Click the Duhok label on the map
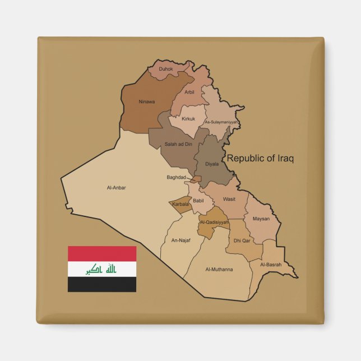click(166, 69)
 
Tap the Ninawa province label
click(147, 101)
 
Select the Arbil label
click(189, 91)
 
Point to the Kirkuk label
click(189, 119)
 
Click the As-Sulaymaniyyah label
click(221, 122)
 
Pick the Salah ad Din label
click(178, 144)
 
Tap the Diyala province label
click(212, 164)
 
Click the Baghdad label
click(176, 177)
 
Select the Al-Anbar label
click(116, 188)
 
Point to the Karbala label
click(180, 204)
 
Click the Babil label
click(198, 200)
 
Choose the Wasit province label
click(229, 198)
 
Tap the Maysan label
click(261, 219)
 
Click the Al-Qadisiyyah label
click(215, 222)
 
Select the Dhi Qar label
click(242, 240)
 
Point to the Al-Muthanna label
click(219, 269)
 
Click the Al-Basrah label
click(271, 264)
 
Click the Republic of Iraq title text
click(260, 159)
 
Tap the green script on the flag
click(102, 270)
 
